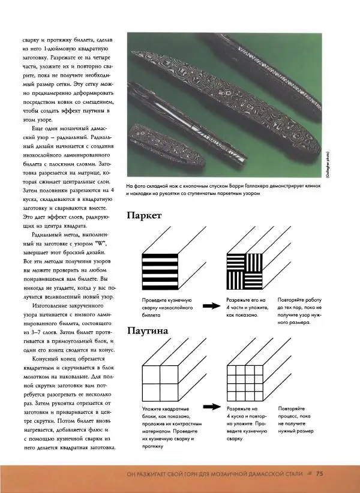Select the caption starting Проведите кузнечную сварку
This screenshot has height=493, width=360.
point(167,306)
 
